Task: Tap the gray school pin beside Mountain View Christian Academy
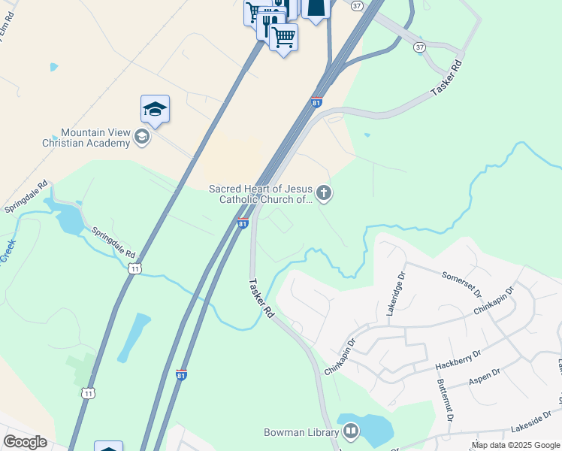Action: tap(141, 137)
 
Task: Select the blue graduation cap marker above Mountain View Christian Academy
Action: tap(155, 110)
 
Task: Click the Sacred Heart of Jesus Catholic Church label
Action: tap(261, 194)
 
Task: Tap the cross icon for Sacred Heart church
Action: tap(324, 194)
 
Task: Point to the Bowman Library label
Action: tap(301, 432)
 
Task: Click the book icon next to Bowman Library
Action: tap(350, 431)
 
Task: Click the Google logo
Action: tap(25, 442)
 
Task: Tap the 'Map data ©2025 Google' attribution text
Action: tap(515, 445)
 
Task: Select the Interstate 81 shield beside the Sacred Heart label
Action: tap(243, 224)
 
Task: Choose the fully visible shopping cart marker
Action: tap(284, 36)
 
